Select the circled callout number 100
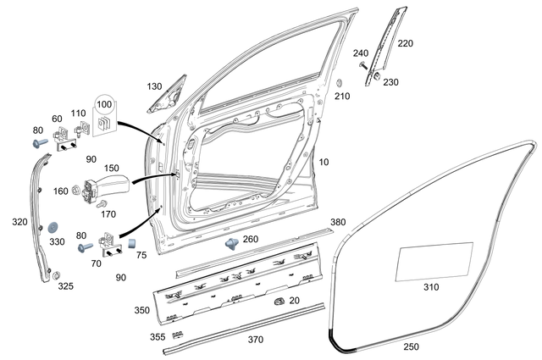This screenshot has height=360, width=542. click(x=104, y=104)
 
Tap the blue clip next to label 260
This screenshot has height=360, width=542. click(x=231, y=243)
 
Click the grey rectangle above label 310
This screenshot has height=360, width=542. click(x=434, y=262)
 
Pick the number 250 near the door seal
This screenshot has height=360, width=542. click(x=410, y=346)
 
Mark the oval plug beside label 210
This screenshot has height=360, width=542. click(x=339, y=85)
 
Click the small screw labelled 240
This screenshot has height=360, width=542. click(x=362, y=65)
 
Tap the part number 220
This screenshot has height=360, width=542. click(x=405, y=43)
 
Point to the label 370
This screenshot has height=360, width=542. click(x=255, y=339)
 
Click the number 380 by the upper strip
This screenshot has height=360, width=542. click(x=337, y=222)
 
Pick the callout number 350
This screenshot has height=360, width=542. click(x=141, y=310)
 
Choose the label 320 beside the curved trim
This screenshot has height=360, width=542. click(x=19, y=222)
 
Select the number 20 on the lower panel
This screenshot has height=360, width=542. click(x=294, y=301)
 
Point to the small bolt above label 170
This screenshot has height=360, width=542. click(x=102, y=203)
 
